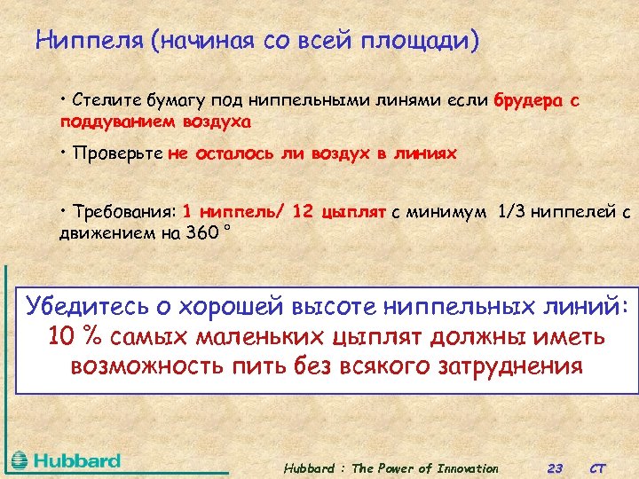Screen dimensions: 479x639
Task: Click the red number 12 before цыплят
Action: click(304, 212)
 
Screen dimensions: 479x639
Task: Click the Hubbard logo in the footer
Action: click(67, 460)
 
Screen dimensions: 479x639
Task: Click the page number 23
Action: click(555, 468)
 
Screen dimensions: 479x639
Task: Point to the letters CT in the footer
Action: click(599, 468)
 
